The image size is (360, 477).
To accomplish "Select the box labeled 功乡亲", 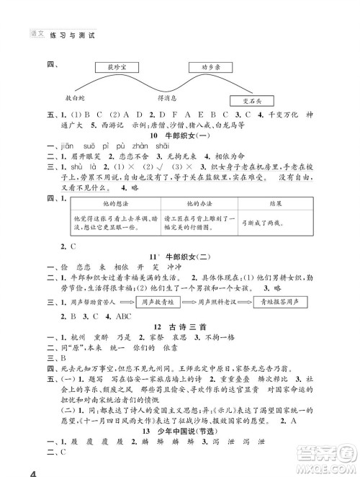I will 209,68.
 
